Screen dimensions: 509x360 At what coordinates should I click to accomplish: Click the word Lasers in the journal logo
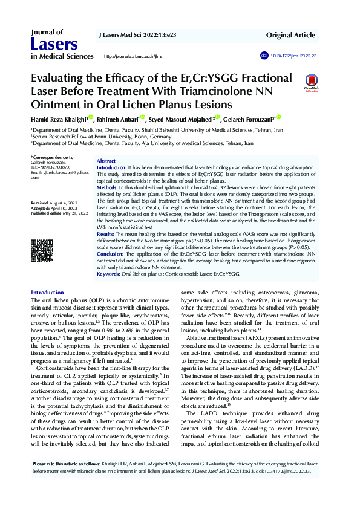click(54, 44)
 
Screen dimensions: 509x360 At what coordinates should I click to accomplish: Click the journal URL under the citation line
click(134, 56)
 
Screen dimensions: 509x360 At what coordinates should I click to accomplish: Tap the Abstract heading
click(106, 161)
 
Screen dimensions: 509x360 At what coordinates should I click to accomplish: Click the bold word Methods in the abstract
click(108, 188)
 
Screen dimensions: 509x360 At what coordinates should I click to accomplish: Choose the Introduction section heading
click(47, 293)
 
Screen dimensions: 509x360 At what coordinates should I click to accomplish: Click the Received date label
click(40, 202)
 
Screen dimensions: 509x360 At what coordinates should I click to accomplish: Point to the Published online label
click(46, 213)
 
